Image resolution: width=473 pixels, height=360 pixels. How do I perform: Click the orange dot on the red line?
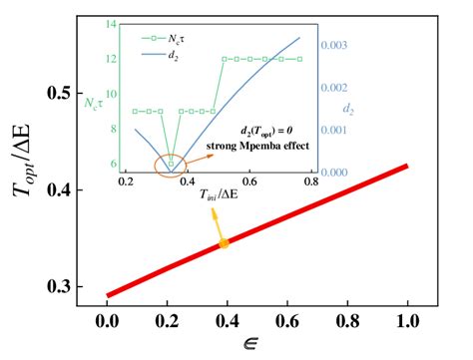[225, 243]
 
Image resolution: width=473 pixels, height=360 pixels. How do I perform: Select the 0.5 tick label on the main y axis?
[60, 93]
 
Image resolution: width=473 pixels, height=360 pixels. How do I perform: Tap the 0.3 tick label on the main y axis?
[60, 287]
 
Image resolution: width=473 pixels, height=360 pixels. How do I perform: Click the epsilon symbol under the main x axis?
[257, 345]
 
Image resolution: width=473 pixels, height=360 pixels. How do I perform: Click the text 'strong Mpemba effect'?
[254, 146]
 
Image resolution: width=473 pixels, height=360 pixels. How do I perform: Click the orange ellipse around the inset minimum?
[171, 161]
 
